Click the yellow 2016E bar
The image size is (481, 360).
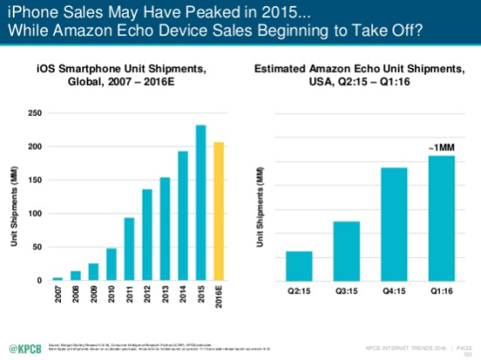218,211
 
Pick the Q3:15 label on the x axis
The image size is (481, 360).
346,290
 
